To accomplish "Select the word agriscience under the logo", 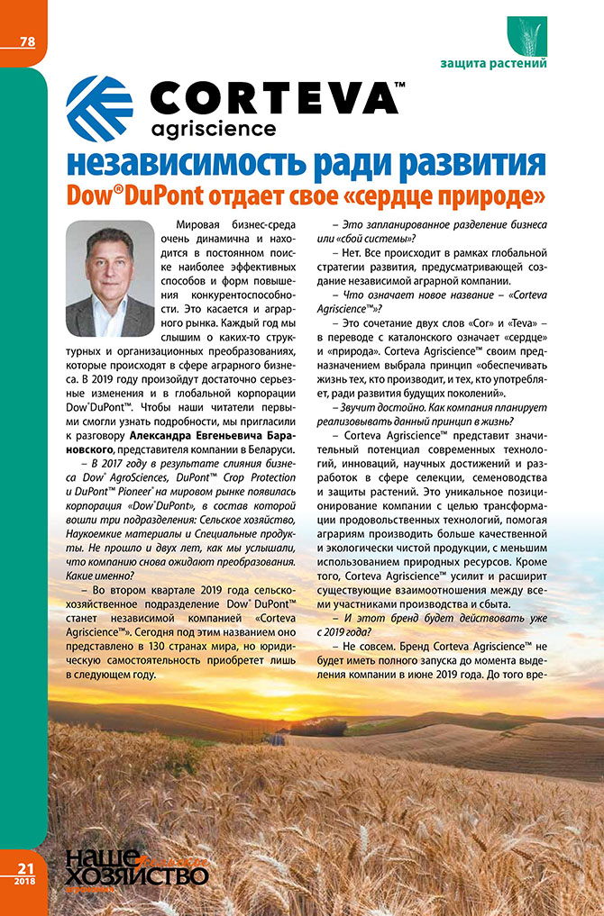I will click(214, 128).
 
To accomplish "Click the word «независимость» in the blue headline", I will click(181, 164).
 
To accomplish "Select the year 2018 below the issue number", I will click(22, 880).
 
